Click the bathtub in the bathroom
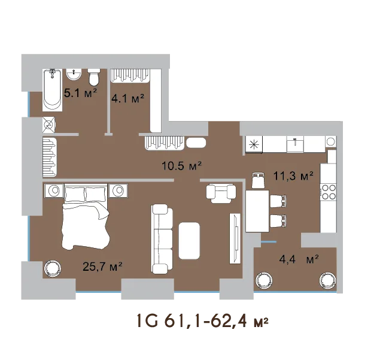point(52,90)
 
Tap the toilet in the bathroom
point(94,77)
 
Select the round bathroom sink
point(74,74)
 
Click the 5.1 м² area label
point(81,93)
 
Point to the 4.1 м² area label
point(127,99)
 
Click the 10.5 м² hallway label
point(182,166)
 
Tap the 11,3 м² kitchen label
point(293,176)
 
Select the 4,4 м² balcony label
point(299,259)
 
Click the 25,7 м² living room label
point(103,267)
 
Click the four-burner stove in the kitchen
point(329,192)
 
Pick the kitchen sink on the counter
point(295,144)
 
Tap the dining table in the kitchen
point(257,211)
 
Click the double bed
point(86,217)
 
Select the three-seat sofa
point(162,239)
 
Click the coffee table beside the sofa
point(189,241)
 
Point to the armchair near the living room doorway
point(221,193)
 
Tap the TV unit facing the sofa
point(235,238)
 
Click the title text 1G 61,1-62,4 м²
point(202,321)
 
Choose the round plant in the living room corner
point(52,268)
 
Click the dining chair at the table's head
point(259,180)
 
